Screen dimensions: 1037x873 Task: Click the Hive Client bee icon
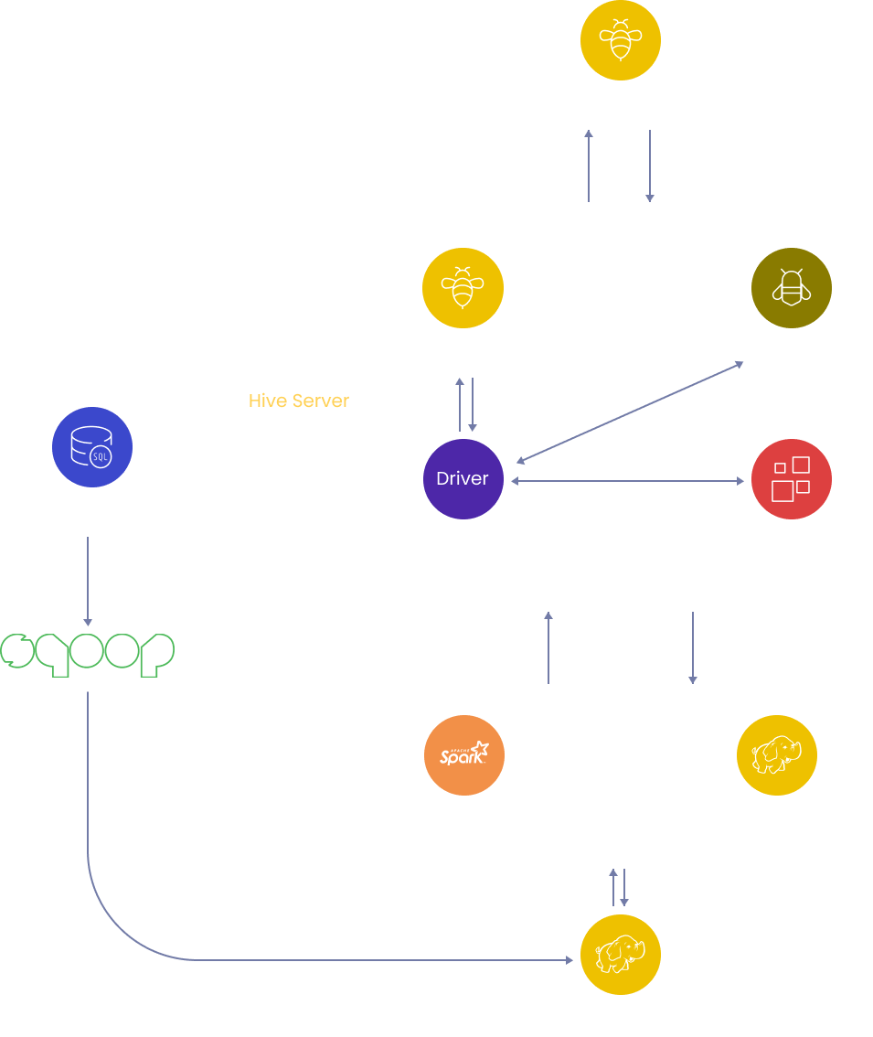coord(621,39)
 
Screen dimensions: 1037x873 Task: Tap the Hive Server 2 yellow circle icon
coord(463,288)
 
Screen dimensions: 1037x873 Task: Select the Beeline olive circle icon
coord(791,288)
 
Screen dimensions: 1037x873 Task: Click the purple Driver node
coord(463,479)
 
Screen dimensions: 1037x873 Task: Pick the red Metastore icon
coord(791,479)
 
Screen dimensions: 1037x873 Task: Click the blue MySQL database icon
coord(92,447)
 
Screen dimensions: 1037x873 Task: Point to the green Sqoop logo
coord(88,653)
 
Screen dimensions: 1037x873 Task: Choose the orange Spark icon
coord(464,755)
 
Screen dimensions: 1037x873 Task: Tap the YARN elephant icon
coord(776,755)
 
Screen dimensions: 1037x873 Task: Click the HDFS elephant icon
coord(621,956)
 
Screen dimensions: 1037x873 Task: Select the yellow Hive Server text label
coord(299,401)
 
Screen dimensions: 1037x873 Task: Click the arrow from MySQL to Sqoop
coord(88,581)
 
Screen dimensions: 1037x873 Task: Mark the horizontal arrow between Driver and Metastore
coord(627,480)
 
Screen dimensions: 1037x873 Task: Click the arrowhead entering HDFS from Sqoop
coord(569,960)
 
